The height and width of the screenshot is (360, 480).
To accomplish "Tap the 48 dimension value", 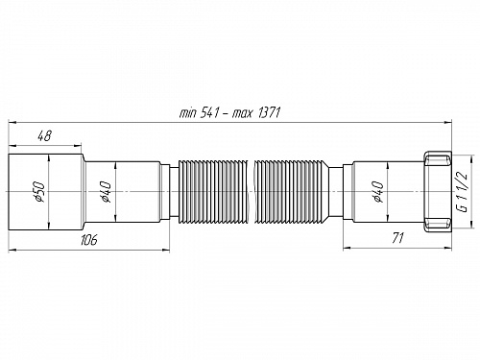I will tap(45, 136).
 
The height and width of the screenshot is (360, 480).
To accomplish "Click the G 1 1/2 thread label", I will tap(463, 185).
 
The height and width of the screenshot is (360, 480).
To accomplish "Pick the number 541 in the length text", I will tap(213, 113).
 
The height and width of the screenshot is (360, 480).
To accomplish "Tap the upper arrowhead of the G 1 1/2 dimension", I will tap(469, 154).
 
